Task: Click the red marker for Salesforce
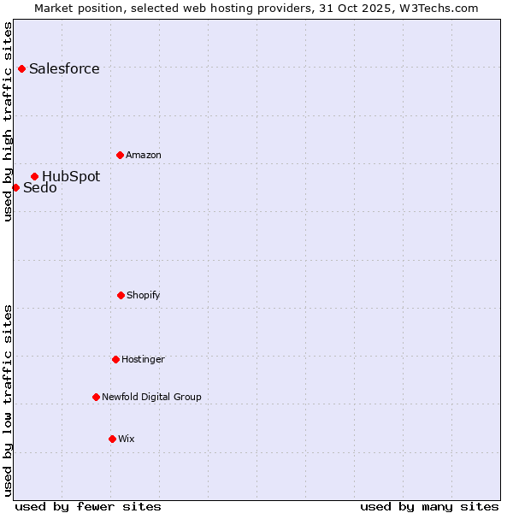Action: tap(21, 68)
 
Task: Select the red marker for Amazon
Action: tap(120, 155)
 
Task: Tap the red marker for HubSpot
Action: tap(34, 177)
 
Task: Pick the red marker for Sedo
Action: tap(15, 187)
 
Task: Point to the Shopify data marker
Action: tap(121, 295)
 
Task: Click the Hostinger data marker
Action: tap(115, 359)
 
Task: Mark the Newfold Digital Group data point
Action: tap(96, 397)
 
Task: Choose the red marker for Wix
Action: tap(112, 439)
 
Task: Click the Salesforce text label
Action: tap(64, 68)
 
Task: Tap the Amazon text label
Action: tap(144, 155)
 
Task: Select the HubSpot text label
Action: tap(71, 177)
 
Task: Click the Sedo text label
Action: tap(40, 188)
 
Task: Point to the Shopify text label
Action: tap(144, 295)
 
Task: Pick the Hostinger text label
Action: tap(143, 359)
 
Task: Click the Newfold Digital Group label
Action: tap(152, 397)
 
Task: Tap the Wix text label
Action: tap(127, 439)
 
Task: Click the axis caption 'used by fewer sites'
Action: tap(88, 506)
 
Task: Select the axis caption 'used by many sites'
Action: tap(429, 506)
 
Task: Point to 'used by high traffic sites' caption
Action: tap(8, 121)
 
